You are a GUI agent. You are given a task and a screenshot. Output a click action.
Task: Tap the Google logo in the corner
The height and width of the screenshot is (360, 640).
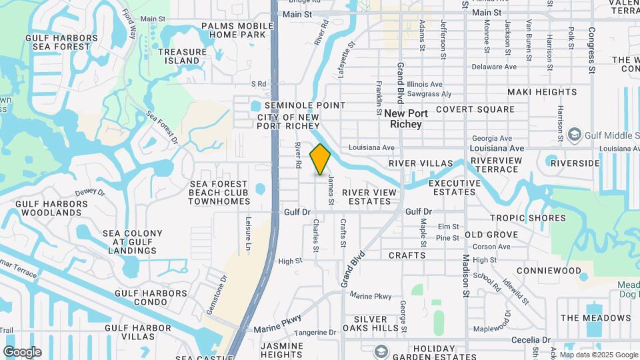(22, 352)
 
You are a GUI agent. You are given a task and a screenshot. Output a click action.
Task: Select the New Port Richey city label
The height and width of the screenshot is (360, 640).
(403, 119)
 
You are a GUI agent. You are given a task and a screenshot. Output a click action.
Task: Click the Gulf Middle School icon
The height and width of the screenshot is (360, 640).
(573, 135)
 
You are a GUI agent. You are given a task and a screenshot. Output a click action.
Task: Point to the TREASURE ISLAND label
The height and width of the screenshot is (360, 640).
(183, 56)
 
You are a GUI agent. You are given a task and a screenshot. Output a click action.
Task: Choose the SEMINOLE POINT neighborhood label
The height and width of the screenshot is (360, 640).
(305, 105)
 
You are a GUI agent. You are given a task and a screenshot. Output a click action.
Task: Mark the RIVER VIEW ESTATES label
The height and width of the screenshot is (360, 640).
(369, 197)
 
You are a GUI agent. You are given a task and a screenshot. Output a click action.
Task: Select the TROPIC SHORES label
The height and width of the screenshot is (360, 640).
(527, 218)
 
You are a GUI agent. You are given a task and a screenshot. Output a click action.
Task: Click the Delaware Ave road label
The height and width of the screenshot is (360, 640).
(494, 67)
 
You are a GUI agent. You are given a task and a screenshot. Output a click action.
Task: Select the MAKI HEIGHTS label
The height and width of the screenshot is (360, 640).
(542, 92)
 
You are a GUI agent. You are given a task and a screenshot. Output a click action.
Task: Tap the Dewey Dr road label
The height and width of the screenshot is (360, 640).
(91, 193)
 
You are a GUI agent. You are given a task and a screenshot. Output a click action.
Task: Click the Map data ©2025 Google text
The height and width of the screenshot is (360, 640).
(599, 355)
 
